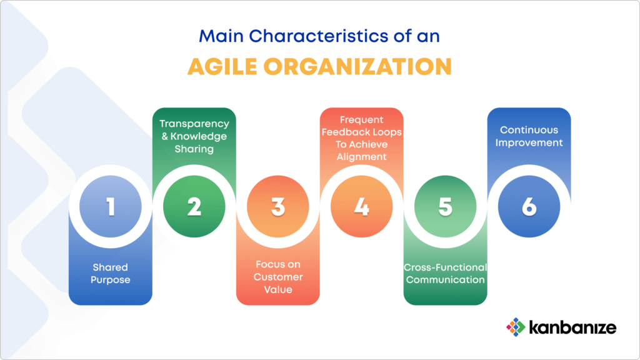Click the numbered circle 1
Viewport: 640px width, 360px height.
tap(111, 206)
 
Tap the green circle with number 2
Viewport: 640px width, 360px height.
tap(194, 206)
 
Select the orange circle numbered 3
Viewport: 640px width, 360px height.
tap(278, 206)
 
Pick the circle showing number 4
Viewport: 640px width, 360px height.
tap(362, 206)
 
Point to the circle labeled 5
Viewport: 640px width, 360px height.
tap(445, 206)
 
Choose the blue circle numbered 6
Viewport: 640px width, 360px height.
tap(529, 206)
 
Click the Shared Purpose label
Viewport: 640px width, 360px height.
tap(111, 274)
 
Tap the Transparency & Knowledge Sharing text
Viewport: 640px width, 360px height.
tap(194, 136)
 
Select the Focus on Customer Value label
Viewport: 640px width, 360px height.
tap(278, 277)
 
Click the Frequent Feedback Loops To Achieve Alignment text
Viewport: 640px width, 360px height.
tap(362, 138)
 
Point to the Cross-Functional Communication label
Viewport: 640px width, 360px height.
tap(445, 274)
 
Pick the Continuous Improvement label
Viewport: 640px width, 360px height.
tap(529, 136)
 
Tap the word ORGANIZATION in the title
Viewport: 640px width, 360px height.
tap(357, 66)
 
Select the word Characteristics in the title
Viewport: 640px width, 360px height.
tap(319, 36)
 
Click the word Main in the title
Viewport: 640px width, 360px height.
tap(221, 36)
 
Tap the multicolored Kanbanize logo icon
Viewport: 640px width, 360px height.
tap(516, 327)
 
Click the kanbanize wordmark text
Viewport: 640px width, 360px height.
tap(572, 327)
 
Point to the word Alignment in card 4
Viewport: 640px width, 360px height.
tap(362, 157)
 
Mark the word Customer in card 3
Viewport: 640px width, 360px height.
tap(278, 277)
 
